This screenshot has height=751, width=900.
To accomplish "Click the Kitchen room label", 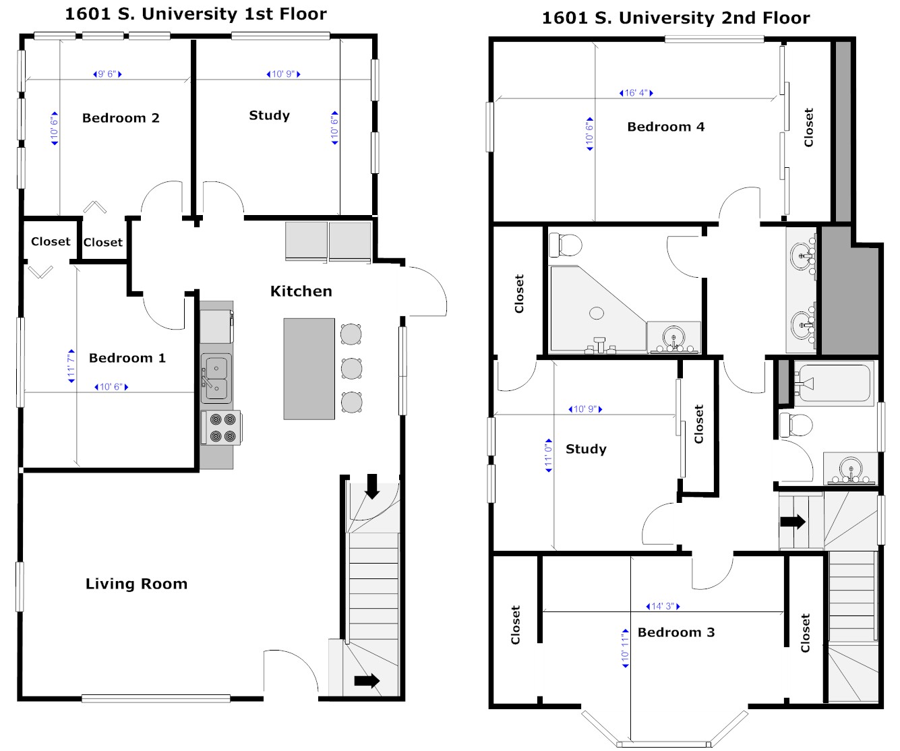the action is (x=301, y=291).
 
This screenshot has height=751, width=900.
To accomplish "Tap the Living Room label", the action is (x=136, y=584).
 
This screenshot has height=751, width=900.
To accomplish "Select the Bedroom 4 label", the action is (x=665, y=127).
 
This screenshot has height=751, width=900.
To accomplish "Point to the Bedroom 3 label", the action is (x=676, y=632).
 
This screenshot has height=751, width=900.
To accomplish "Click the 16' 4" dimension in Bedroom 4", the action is (x=636, y=92).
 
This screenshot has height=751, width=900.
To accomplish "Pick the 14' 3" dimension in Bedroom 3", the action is (x=663, y=606).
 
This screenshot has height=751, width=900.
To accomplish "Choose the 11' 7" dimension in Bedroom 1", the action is (x=71, y=366).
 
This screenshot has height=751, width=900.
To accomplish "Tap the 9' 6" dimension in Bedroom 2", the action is (x=107, y=74).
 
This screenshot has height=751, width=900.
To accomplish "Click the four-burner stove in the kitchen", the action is (x=222, y=427).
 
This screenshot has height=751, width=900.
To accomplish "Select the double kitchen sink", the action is (x=216, y=378).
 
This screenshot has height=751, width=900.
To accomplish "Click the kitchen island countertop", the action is (x=309, y=369).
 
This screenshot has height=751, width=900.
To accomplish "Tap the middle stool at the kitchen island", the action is (x=351, y=369).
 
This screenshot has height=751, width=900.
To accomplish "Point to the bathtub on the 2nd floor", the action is (x=834, y=384).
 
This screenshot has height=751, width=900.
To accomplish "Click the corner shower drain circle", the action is (x=597, y=313).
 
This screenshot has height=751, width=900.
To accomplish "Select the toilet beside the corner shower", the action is (x=565, y=245).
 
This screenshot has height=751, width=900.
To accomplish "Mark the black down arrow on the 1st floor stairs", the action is (x=372, y=487).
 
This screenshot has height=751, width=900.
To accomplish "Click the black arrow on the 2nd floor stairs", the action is (x=793, y=522).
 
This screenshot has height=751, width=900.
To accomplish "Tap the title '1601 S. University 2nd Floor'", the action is (x=676, y=18).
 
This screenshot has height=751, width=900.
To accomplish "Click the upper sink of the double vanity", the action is (x=802, y=256).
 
